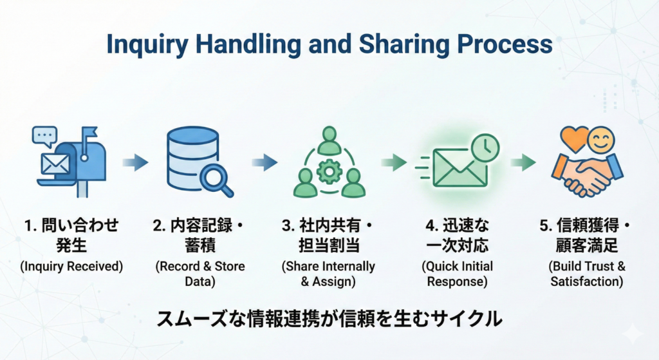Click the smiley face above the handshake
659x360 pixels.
[601, 140]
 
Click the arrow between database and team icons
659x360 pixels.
[265, 162]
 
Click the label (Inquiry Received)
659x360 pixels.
[71, 266]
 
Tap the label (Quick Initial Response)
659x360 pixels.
[458, 274]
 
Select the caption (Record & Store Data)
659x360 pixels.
[200, 274]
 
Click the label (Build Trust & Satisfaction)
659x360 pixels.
[588, 274]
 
